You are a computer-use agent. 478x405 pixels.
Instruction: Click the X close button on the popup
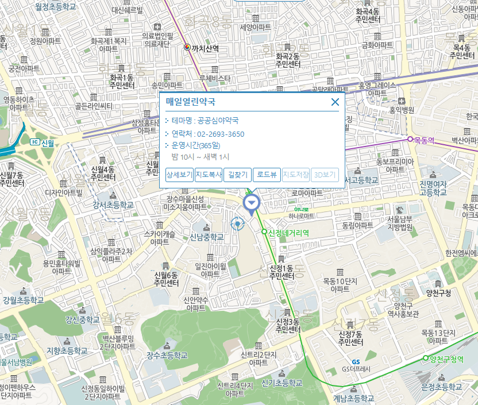335,102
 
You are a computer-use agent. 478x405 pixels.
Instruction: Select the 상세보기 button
179,175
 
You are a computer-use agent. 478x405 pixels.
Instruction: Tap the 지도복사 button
209,175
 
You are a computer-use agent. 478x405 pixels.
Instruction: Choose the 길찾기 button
237,175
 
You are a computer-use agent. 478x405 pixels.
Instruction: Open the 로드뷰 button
267,175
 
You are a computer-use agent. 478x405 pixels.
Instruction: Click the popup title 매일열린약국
191,102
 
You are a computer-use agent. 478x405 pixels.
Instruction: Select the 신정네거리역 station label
289,233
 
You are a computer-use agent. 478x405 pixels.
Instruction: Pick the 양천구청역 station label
446,358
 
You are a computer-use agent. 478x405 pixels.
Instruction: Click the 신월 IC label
48,142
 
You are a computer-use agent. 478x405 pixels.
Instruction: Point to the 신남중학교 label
207,237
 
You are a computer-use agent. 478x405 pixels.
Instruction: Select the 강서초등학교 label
113,205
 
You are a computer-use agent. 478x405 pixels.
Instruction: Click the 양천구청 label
438,292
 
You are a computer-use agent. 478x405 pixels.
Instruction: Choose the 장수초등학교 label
167,355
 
